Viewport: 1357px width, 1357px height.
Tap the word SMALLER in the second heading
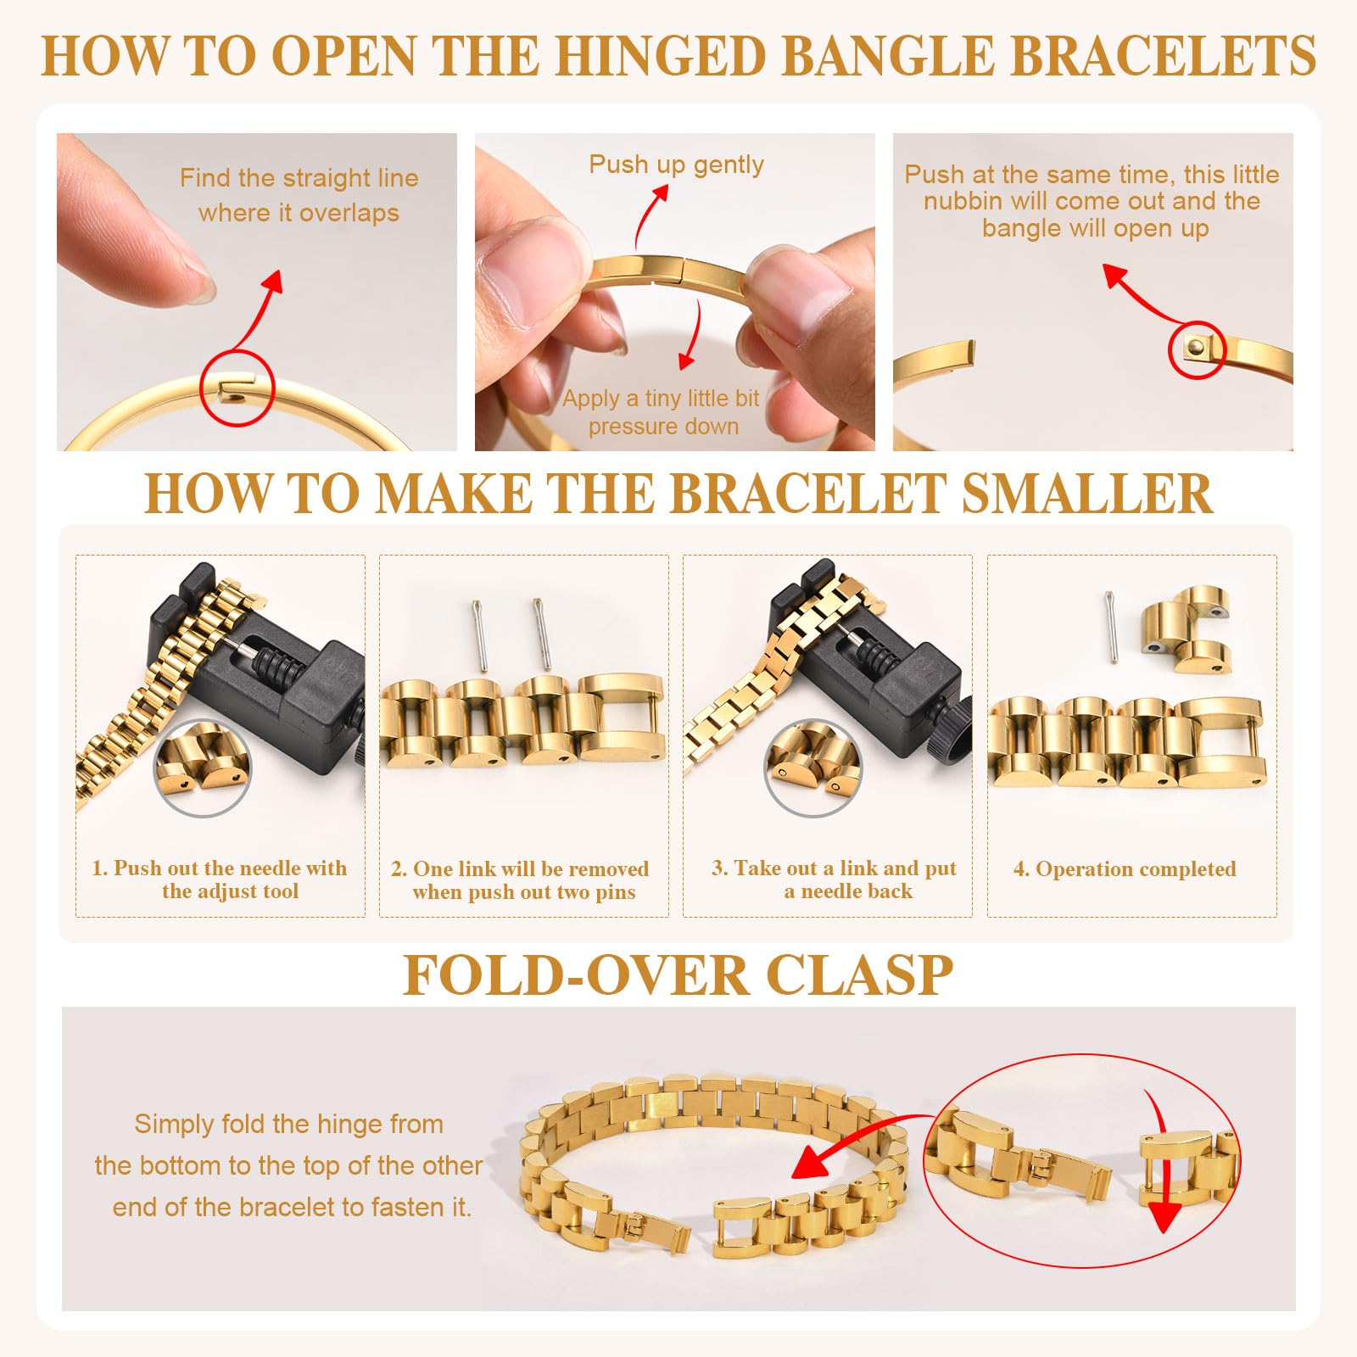(1086, 494)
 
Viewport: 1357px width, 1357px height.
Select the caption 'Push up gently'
(676, 165)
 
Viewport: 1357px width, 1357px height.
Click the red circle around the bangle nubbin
(1197, 350)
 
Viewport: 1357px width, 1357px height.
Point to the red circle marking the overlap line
(237, 387)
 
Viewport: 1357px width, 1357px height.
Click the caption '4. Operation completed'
(1124, 869)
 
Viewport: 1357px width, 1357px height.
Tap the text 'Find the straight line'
(299, 178)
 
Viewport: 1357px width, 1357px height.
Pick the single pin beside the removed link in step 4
(1111, 627)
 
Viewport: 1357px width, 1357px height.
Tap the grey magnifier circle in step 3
(813, 768)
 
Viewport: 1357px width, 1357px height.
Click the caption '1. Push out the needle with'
(219, 868)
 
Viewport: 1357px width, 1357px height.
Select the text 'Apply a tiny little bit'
(661, 399)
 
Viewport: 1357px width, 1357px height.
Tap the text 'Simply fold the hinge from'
(288, 1125)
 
